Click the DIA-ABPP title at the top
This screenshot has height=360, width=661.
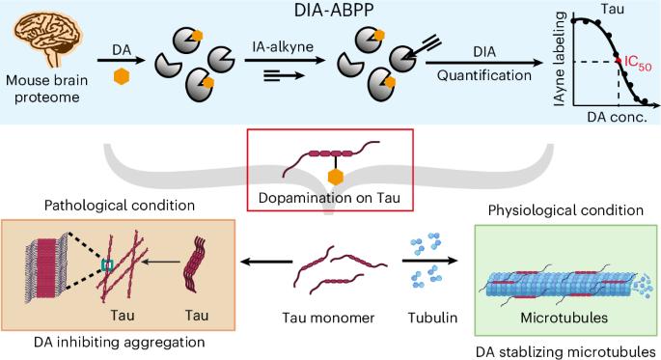click(334, 10)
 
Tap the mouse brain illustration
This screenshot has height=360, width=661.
click(48, 39)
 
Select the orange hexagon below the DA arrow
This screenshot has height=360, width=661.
click(122, 76)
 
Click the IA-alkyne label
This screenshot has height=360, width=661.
click(283, 46)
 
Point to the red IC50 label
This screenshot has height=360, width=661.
click(638, 64)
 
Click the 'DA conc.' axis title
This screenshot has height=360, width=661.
click(617, 117)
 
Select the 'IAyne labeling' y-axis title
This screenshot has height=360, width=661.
click(560, 59)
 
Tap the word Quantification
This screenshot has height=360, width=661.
click(484, 75)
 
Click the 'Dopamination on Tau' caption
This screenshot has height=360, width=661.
click(329, 198)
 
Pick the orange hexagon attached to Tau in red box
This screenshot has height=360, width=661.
click(336, 178)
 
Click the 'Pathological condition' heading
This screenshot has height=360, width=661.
click(120, 206)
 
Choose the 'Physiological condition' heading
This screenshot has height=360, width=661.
click(565, 210)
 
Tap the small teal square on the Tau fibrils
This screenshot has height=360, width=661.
click(107, 264)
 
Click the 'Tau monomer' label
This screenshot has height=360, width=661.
click(328, 318)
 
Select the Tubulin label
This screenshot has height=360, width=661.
click(432, 318)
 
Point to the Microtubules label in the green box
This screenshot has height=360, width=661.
click(565, 318)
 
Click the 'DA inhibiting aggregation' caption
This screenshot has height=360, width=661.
click(120, 342)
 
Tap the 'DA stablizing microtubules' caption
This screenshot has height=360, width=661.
click(565, 351)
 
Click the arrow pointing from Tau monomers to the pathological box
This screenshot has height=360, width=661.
click(266, 263)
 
